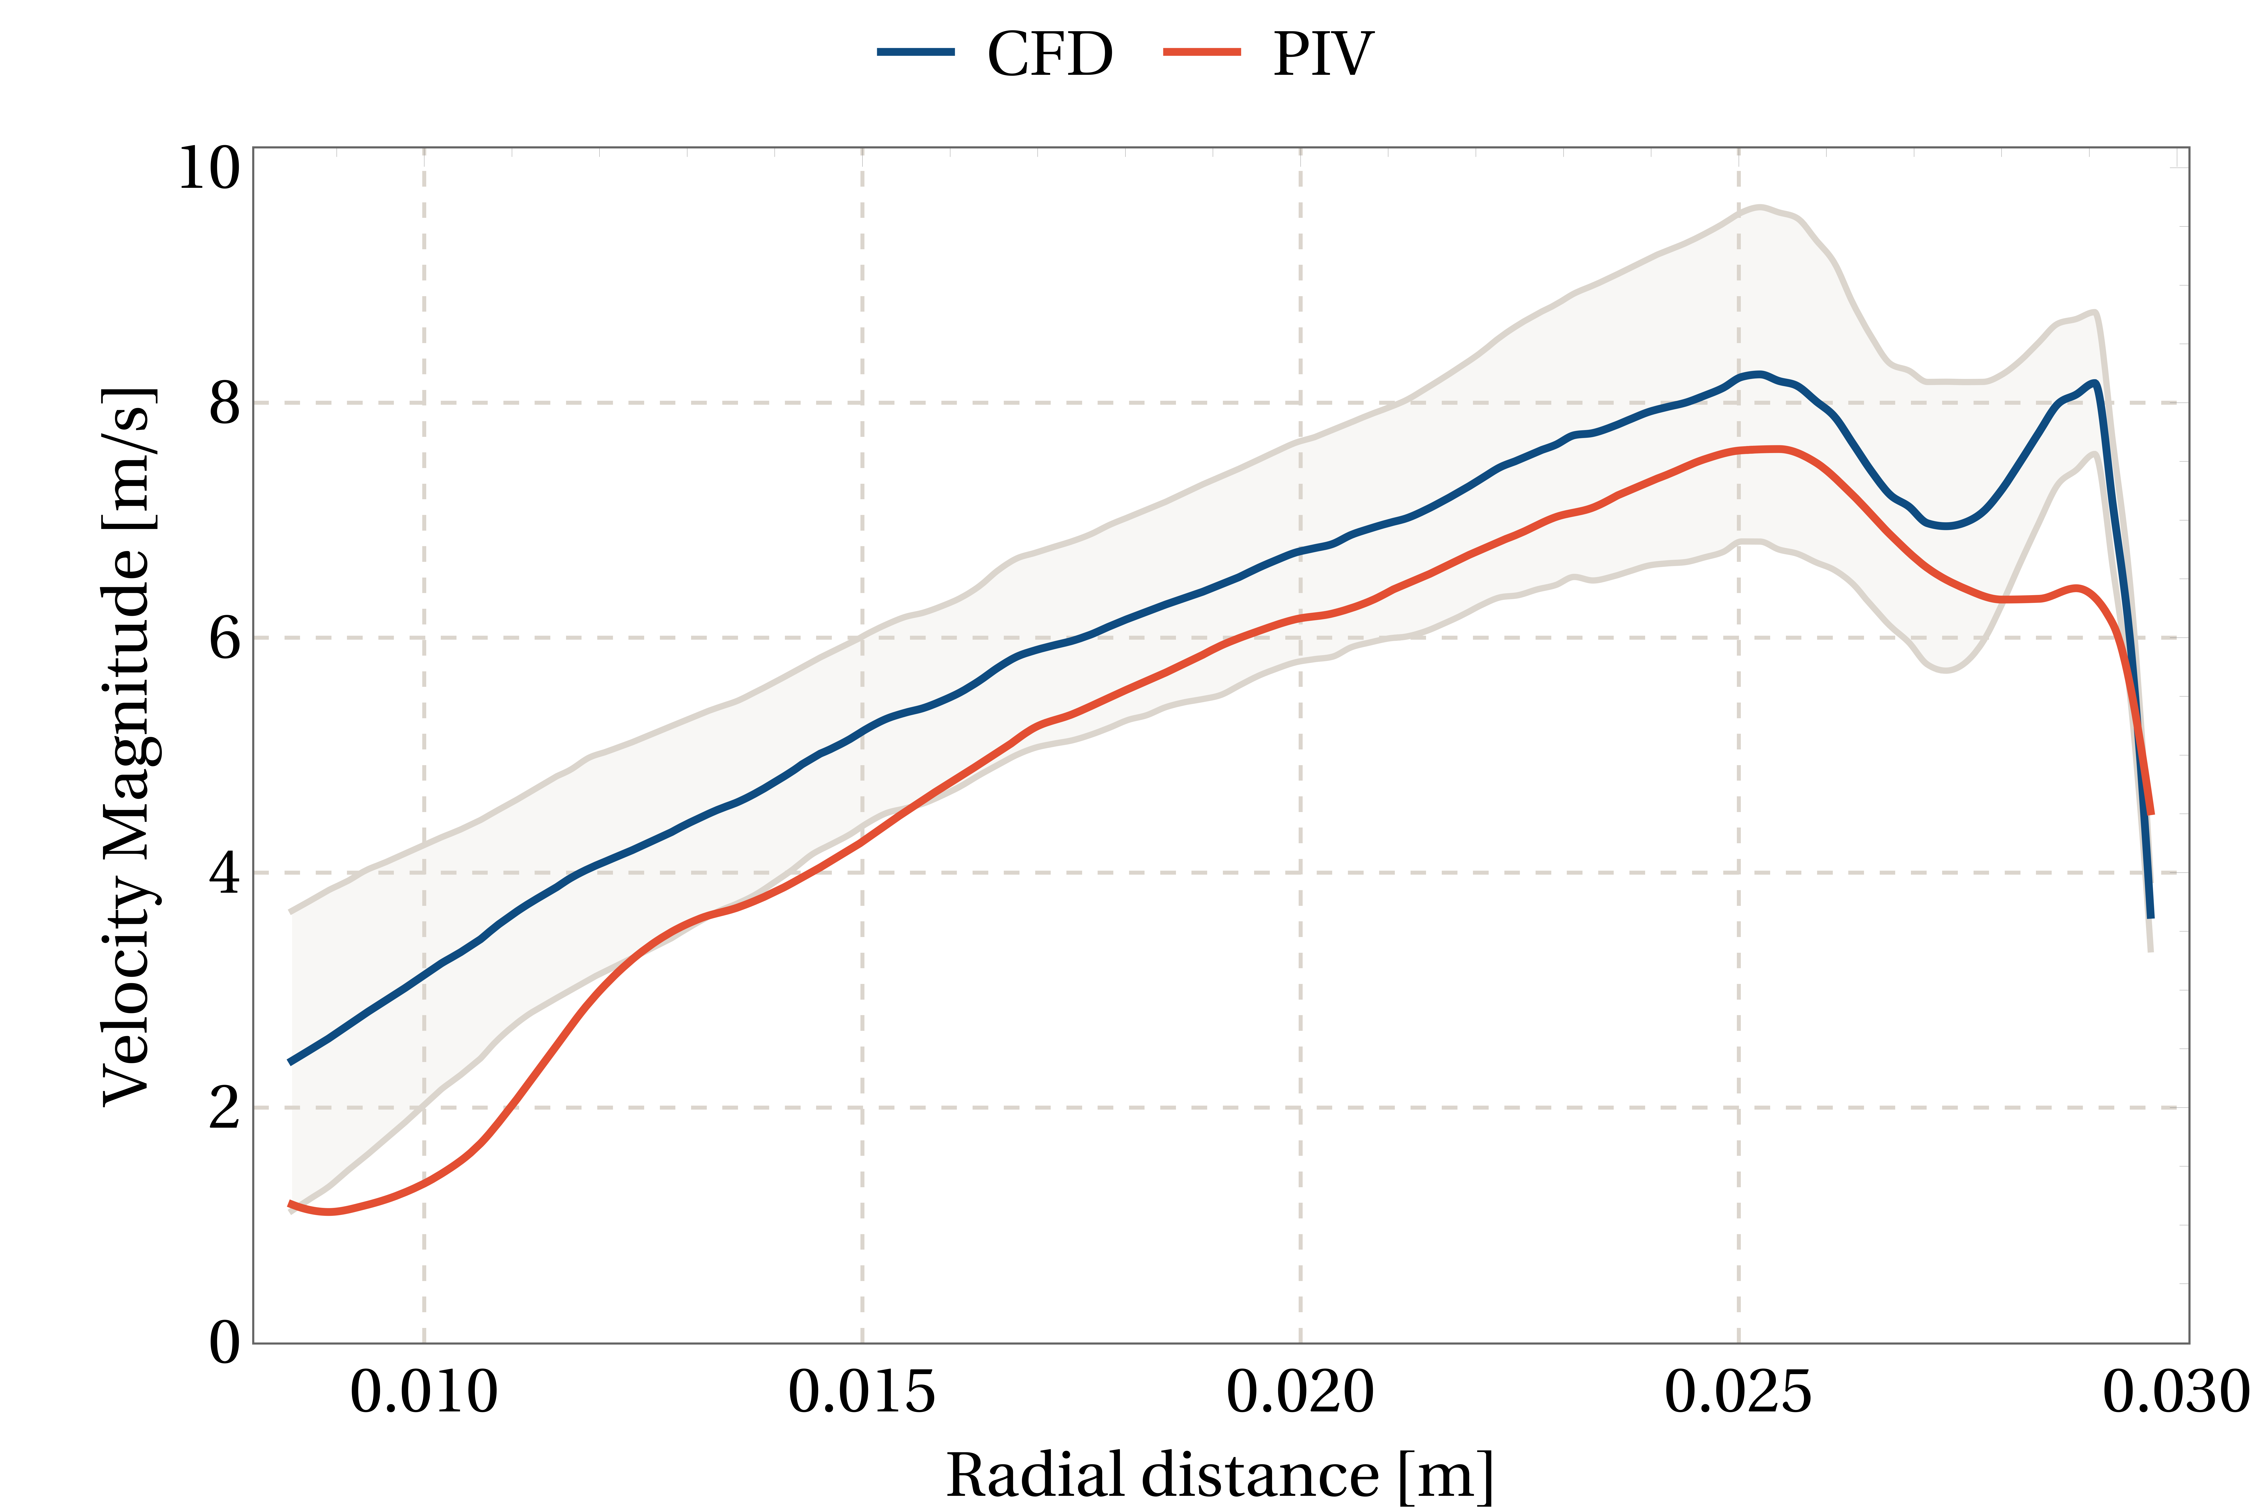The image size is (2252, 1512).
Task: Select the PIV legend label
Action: pyautogui.click(x=1322, y=54)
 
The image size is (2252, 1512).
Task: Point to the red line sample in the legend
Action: pyautogui.click(x=1202, y=52)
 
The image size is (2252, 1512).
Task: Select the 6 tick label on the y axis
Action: pyautogui.click(x=224, y=638)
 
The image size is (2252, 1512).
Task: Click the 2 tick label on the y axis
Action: pyautogui.click(x=224, y=1108)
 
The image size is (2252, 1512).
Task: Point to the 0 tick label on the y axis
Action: pyautogui.click(x=224, y=1342)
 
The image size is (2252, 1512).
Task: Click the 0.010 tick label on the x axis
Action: pyautogui.click(x=423, y=1392)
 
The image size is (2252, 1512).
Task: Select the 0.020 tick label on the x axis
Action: pyautogui.click(x=1300, y=1392)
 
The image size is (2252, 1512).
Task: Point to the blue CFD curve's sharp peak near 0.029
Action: pyautogui.click(x=2094, y=384)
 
